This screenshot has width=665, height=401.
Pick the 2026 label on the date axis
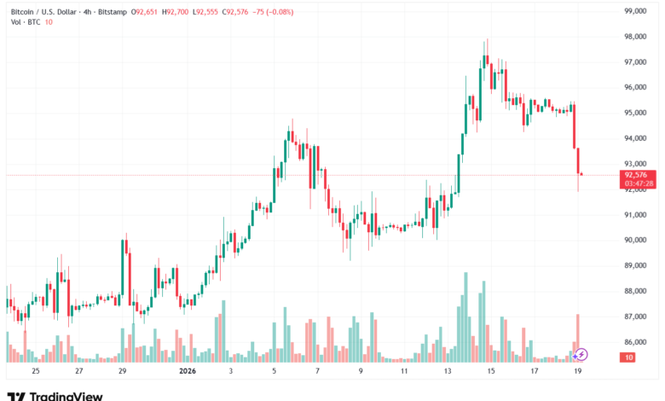pyautogui.click(x=188, y=371)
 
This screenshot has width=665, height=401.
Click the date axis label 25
pyautogui.click(x=35, y=371)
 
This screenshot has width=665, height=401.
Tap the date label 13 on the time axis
pyautogui.click(x=447, y=371)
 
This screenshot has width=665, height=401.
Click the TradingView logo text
pyautogui.click(x=66, y=396)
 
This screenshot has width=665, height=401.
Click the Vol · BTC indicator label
pyautogui.click(x=27, y=22)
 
